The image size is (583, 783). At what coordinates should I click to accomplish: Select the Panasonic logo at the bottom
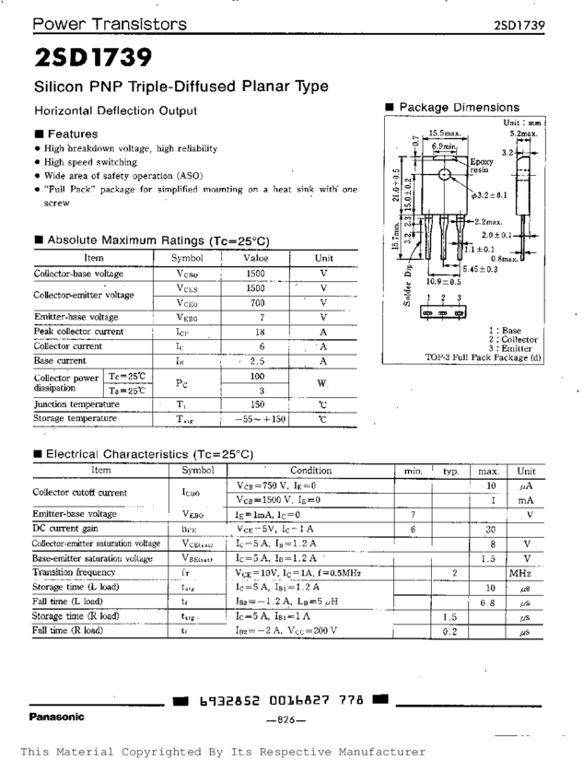(57, 716)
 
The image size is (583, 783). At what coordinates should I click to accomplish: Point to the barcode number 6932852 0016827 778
(281, 701)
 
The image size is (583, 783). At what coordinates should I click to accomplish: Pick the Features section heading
(72, 134)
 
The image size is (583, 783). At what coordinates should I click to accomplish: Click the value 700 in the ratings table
(256, 302)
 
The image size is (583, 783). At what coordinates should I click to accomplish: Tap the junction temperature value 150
(258, 403)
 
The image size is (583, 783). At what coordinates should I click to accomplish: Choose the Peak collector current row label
(78, 332)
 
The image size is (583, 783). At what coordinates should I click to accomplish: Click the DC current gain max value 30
(491, 530)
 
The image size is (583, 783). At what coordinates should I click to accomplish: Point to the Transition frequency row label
(73, 573)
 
